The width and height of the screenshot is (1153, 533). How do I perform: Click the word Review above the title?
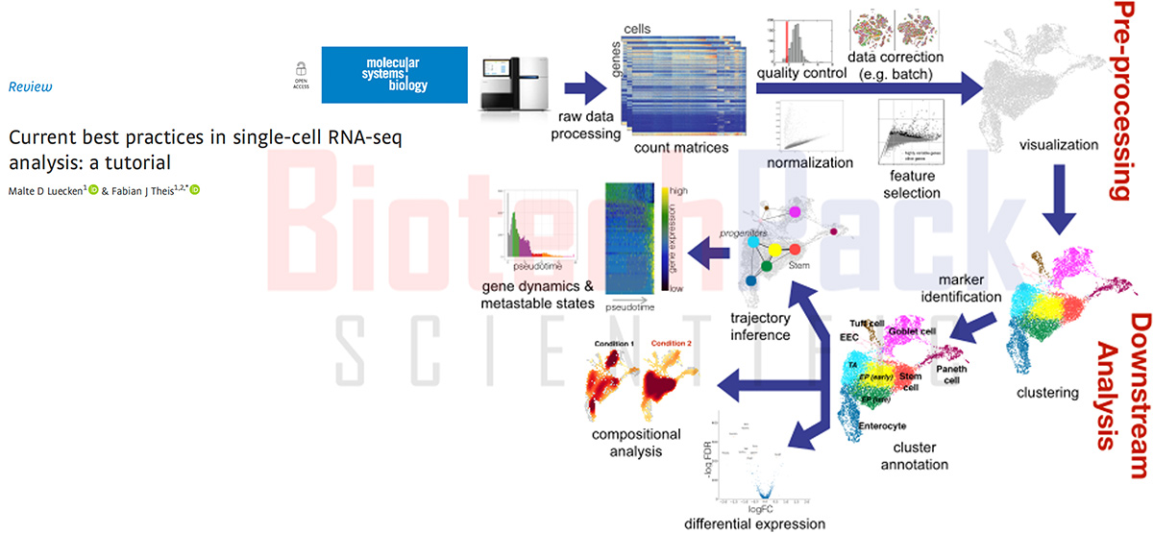click(30, 86)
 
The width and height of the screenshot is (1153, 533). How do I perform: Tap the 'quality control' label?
click(799, 74)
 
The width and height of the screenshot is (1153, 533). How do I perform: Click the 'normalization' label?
click(810, 162)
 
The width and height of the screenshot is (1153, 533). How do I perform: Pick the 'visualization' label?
click(1055, 147)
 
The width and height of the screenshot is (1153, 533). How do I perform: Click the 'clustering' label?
click(1047, 392)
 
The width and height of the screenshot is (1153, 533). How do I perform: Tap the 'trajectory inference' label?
click(761, 327)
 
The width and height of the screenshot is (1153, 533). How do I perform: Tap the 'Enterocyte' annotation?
click(882, 425)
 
